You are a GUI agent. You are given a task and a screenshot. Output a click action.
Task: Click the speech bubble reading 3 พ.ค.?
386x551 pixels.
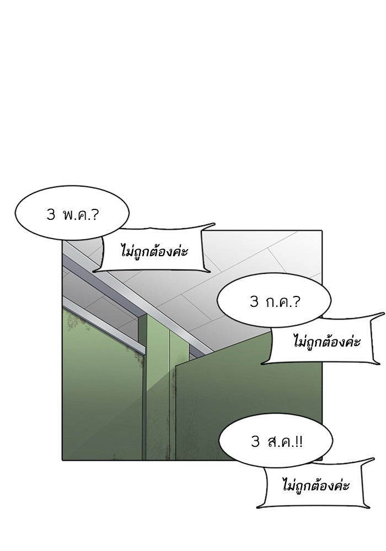tap(72, 214)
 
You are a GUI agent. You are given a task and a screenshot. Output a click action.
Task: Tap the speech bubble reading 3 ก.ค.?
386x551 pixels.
tap(274, 301)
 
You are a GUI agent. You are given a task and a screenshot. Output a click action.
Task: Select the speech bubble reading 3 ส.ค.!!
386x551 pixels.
tap(276, 441)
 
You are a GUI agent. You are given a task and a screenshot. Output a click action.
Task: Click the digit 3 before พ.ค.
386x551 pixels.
tap(51, 214)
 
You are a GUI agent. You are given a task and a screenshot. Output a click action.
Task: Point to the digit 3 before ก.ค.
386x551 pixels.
tap(254, 301)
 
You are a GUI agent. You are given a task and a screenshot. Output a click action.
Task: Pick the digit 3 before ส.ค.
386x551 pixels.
tap(255, 442)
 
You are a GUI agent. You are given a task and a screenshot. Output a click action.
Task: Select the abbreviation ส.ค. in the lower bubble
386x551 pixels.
tap(280, 442)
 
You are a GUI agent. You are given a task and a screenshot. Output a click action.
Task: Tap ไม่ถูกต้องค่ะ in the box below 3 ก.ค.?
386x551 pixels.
tap(326, 341)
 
